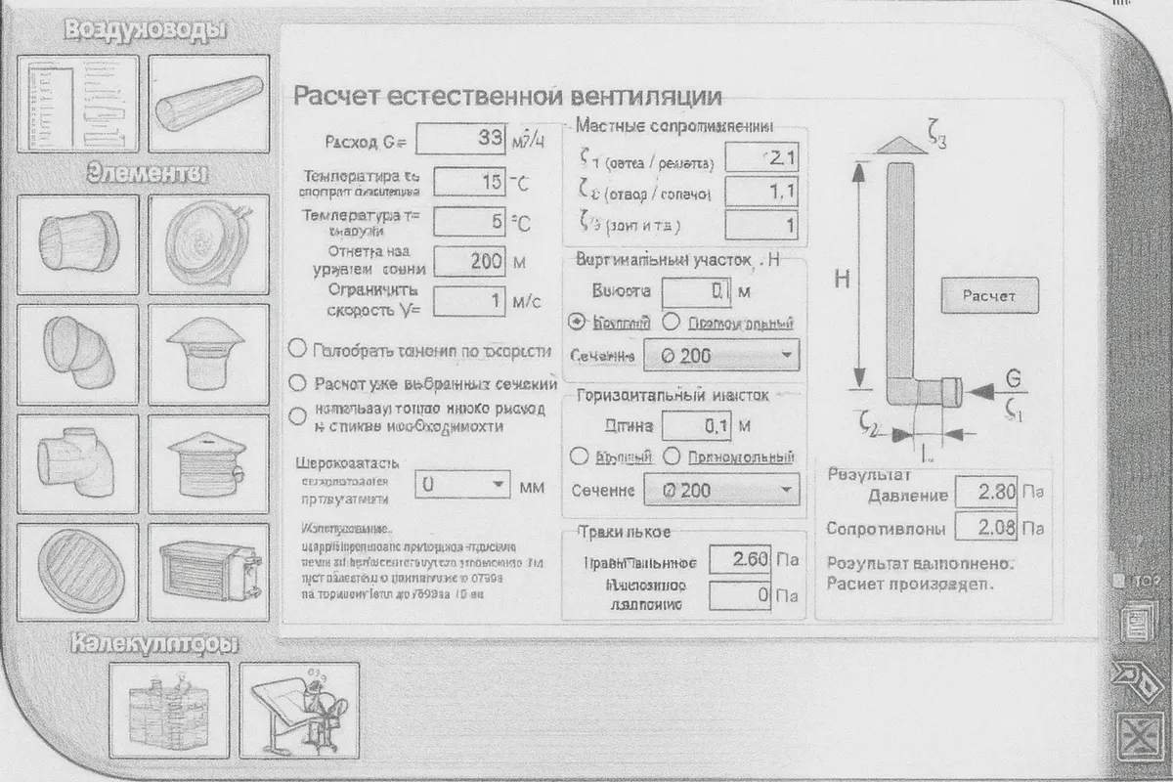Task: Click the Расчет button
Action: point(989,294)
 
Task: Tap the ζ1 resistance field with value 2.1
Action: point(761,158)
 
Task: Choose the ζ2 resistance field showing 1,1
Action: point(761,192)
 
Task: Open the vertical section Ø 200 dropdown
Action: point(721,356)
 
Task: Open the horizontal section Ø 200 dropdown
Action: point(721,491)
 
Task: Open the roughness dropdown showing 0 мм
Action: point(463,485)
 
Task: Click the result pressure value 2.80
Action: point(985,493)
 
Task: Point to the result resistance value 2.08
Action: point(985,529)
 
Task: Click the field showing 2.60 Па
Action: point(740,560)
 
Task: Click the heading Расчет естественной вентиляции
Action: point(507,96)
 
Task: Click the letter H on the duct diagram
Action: point(841,279)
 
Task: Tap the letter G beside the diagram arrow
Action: point(1013,377)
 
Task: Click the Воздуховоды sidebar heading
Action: point(145,29)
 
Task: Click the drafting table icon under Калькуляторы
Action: point(299,709)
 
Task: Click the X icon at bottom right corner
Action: point(1137,736)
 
